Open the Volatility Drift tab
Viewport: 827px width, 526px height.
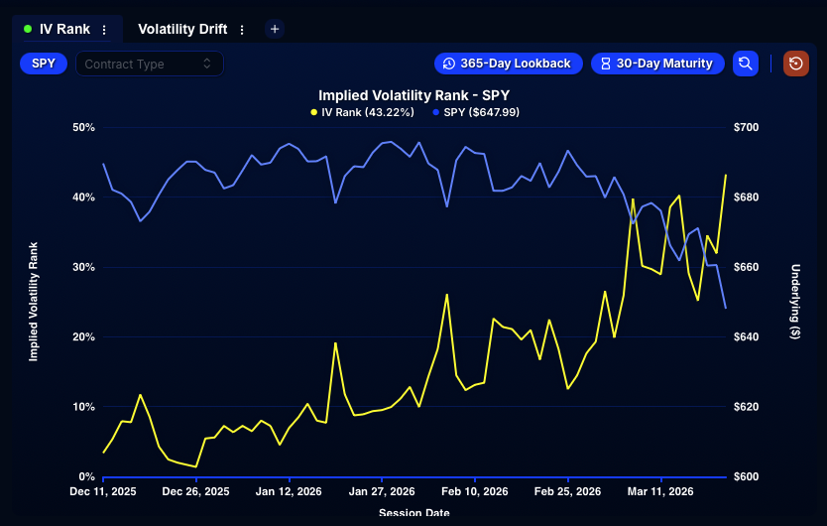(x=182, y=30)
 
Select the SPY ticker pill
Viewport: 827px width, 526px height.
(x=44, y=64)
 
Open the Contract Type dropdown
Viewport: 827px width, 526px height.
(x=149, y=64)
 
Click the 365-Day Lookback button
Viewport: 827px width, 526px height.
(x=508, y=64)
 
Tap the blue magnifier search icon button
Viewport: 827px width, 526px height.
(x=746, y=64)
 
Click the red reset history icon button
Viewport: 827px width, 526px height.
(x=796, y=64)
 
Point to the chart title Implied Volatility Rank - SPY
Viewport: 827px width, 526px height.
(x=413, y=95)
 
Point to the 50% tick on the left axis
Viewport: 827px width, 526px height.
(x=83, y=128)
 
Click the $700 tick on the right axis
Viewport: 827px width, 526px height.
(x=746, y=128)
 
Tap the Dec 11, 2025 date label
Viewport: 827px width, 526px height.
(x=103, y=491)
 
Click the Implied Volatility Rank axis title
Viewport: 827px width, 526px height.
(x=33, y=301)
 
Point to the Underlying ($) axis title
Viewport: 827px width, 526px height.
(x=795, y=302)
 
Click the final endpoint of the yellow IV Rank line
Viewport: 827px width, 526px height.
(x=726, y=176)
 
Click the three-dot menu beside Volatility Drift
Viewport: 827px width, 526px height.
(x=242, y=30)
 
